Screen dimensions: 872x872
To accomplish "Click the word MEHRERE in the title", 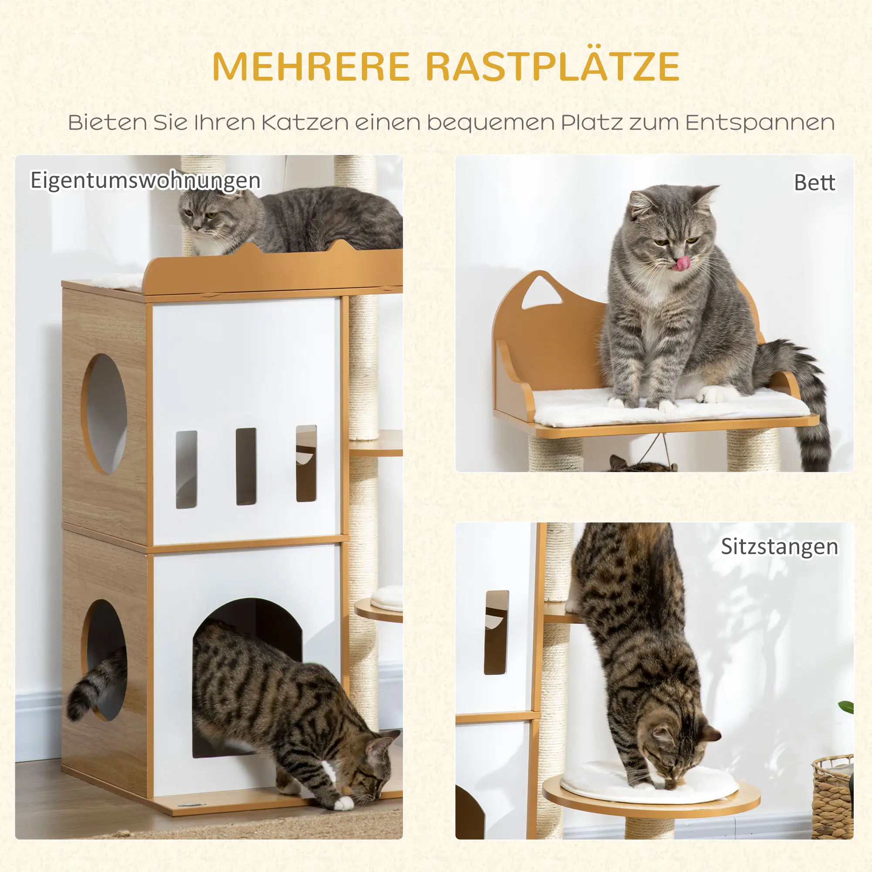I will coord(311,67).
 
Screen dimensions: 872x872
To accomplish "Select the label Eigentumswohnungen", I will coord(145,181).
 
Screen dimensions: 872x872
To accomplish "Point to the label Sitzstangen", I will coord(780,547).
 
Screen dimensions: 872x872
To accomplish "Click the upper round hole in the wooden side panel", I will coord(105,413).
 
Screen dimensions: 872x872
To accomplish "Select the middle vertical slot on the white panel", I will coord(246,466).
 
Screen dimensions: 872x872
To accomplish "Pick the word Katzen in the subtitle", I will coord(305,123).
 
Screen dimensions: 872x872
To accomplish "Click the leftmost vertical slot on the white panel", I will coord(186,470).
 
